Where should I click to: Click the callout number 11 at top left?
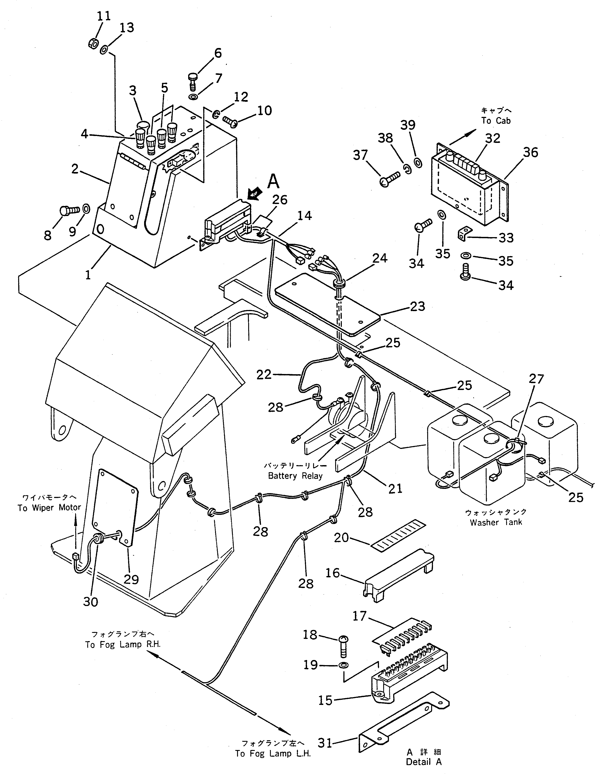[x=104, y=16]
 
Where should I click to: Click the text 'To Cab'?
[x=496, y=121]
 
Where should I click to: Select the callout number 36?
[x=530, y=153]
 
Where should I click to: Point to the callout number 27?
[x=536, y=379]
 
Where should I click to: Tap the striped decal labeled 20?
[x=398, y=535]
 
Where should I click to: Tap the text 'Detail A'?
[x=424, y=762]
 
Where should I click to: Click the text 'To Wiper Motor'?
[x=49, y=508]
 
